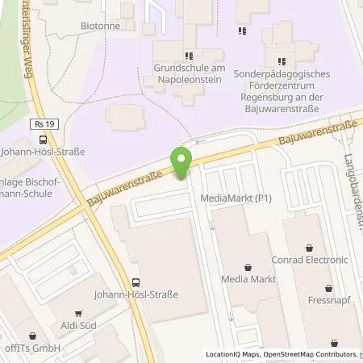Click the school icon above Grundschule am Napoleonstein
point(188,56)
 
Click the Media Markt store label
point(248,279)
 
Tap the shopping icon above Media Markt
point(248,265)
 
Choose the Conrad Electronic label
point(316,260)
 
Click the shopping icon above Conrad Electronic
point(315,246)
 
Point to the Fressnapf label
point(328,300)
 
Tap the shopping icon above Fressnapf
point(328,287)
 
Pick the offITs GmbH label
point(34,348)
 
